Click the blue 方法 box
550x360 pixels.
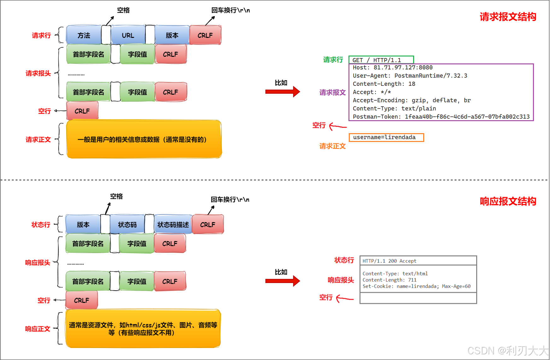pyautogui.click(x=84, y=35)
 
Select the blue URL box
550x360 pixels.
pyautogui.click(x=128, y=35)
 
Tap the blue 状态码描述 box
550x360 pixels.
pyautogui.click(x=173, y=224)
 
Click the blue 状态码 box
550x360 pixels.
pyautogui.click(x=127, y=224)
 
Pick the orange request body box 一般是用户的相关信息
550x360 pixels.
pyautogui.click(x=144, y=139)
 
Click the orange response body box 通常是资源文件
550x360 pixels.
pyautogui.click(x=143, y=328)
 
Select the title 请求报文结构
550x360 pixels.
pyautogui.click(x=508, y=17)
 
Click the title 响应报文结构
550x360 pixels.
pyautogui.click(x=508, y=201)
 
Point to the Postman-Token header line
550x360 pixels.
pyautogui.click(x=441, y=117)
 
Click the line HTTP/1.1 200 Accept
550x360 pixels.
pyautogui.click(x=389, y=261)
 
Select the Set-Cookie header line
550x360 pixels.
pyautogui.click(x=416, y=286)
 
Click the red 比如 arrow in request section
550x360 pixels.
pyautogui.click(x=282, y=92)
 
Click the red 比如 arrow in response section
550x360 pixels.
pyautogui.click(x=282, y=281)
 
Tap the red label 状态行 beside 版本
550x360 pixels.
pyautogui.click(x=41, y=225)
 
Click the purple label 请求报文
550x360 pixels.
pyautogui.click(x=332, y=92)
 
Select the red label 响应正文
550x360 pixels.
pyautogui.click(x=38, y=329)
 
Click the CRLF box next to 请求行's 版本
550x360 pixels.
pyautogui.click(x=205, y=35)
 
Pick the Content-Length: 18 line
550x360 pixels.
pyautogui.click(x=384, y=84)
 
